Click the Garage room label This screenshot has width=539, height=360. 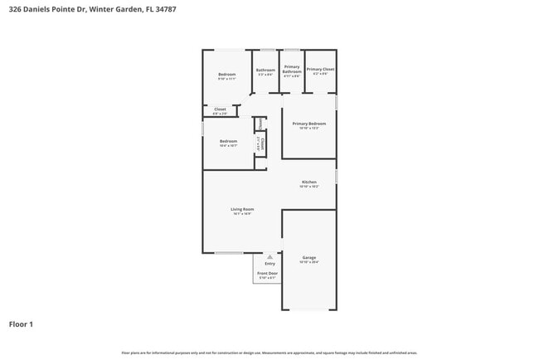point(308,258)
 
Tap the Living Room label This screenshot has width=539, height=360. point(242,209)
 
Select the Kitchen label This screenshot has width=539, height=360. point(308,182)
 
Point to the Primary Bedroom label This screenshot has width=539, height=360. point(308,124)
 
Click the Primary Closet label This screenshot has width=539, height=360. point(321,70)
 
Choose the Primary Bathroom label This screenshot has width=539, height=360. point(292,69)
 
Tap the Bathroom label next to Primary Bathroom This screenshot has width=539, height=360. point(265,70)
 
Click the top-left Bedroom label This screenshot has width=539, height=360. point(227,75)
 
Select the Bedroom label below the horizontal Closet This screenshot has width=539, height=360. point(228,141)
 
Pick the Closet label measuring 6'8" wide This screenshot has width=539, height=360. point(220,109)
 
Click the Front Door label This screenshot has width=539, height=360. point(267,273)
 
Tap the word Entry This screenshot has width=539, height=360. point(269,264)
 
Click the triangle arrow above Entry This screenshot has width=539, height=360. point(269,257)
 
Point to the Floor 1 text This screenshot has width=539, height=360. point(21,324)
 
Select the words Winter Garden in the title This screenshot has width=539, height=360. point(109,9)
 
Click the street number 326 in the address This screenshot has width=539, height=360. point(14,9)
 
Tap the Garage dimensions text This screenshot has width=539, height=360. point(308,263)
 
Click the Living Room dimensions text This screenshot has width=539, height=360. point(242,214)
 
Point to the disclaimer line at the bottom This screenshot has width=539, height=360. point(269,353)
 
